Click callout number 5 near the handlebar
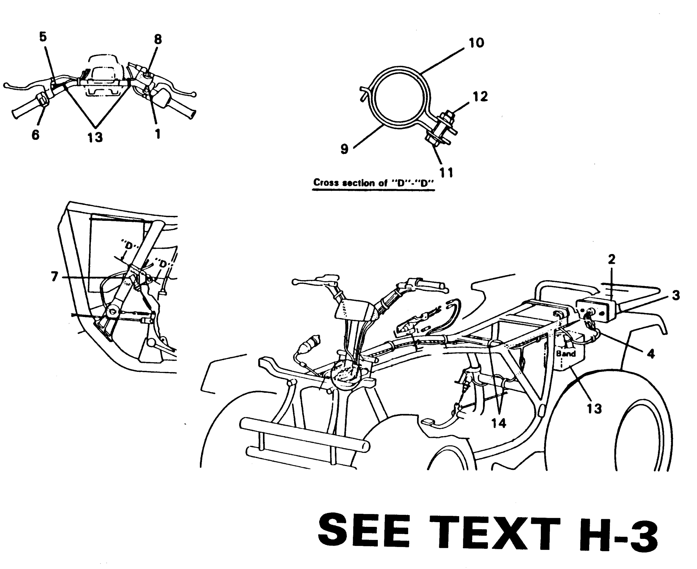(x=43, y=37)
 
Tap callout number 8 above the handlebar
(x=158, y=39)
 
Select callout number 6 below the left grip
(x=36, y=135)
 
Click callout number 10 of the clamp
(x=477, y=43)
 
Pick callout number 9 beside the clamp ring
(x=344, y=149)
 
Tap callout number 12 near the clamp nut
(x=480, y=97)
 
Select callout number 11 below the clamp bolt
(x=446, y=173)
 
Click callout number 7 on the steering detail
(x=55, y=277)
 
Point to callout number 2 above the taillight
(x=612, y=259)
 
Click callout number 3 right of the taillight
(x=676, y=296)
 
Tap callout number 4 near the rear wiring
(x=650, y=353)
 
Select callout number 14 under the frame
(x=499, y=423)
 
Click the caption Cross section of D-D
(x=373, y=183)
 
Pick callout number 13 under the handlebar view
(x=95, y=137)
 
